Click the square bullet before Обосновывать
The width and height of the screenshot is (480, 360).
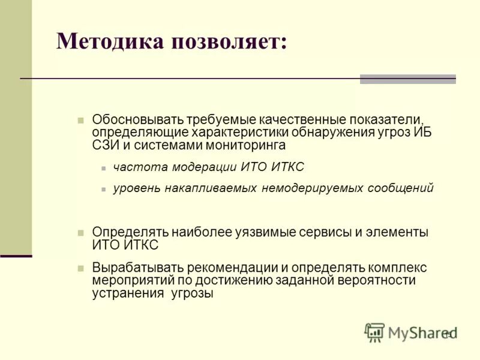[80, 119]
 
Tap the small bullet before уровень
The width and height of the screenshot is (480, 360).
[103, 189]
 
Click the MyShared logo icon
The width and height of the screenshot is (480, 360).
[374, 332]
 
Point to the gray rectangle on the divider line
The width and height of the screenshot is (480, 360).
[407, 79]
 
